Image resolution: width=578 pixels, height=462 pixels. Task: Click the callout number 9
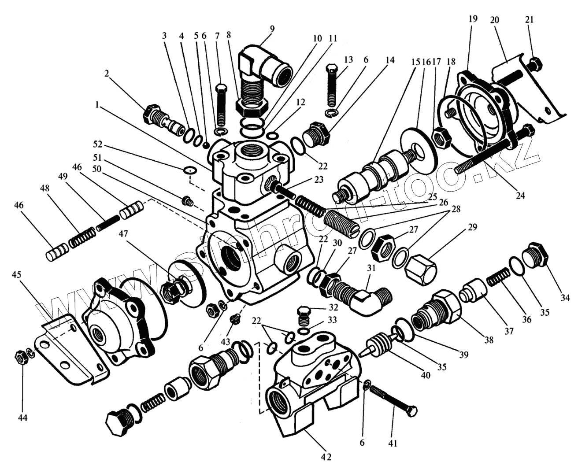click(272, 30)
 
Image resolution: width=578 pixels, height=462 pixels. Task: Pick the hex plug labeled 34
click(535, 255)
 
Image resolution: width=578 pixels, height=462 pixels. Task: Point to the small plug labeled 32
click(304, 313)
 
